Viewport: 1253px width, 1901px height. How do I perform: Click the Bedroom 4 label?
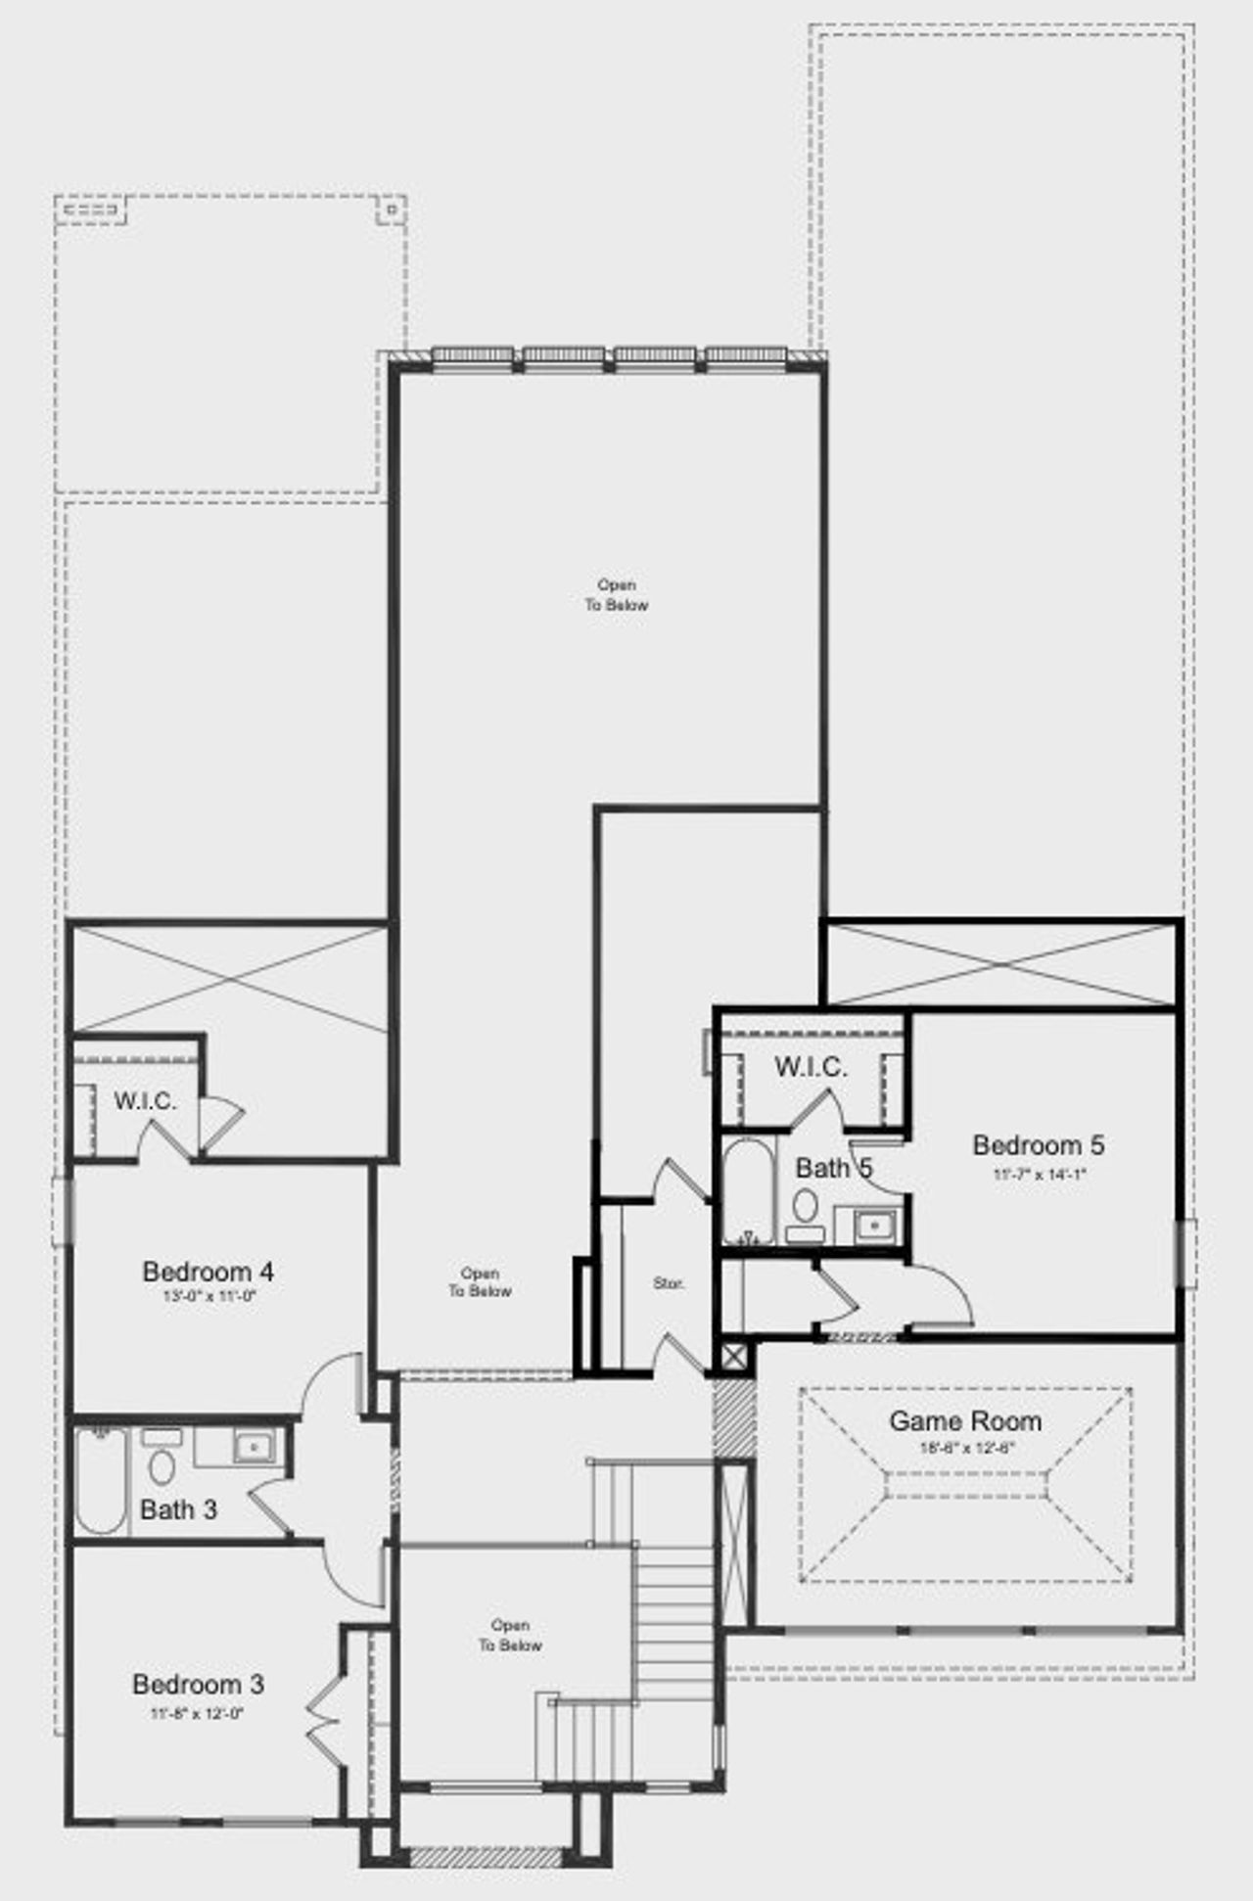pyautogui.click(x=208, y=1272)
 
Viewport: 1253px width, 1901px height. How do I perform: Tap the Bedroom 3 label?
pyautogui.click(x=198, y=1684)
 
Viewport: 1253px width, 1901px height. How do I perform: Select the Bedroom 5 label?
pyautogui.click(x=1038, y=1144)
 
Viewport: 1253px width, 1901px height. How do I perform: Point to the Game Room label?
pyautogui.click(x=964, y=1420)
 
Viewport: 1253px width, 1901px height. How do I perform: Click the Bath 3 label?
pyautogui.click(x=178, y=1509)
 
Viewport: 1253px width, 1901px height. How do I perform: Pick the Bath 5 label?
pyautogui.click(x=833, y=1168)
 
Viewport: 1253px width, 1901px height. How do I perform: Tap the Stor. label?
pyautogui.click(x=669, y=1283)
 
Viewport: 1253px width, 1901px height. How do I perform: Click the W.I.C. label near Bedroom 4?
pyautogui.click(x=145, y=1101)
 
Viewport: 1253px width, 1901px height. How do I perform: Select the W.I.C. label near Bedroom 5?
pyautogui.click(x=811, y=1067)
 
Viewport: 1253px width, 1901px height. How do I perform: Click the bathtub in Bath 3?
pyautogui.click(x=101, y=1480)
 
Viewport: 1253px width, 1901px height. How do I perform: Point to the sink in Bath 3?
pyautogui.click(x=255, y=1446)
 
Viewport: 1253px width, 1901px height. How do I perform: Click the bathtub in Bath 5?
pyautogui.click(x=749, y=1191)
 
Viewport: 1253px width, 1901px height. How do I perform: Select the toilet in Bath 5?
pyautogui.click(x=806, y=1211)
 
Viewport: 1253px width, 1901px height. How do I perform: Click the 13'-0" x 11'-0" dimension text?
pyautogui.click(x=209, y=1296)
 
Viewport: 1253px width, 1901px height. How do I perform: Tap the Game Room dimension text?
pyautogui.click(x=965, y=1448)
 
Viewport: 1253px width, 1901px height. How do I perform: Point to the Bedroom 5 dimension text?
pyautogui.click(x=1039, y=1174)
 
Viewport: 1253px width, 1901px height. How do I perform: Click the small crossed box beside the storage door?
pyautogui.click(x=733, y=1358)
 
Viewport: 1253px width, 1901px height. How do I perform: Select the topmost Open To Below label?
pyautogui.click(x=617, y=595)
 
